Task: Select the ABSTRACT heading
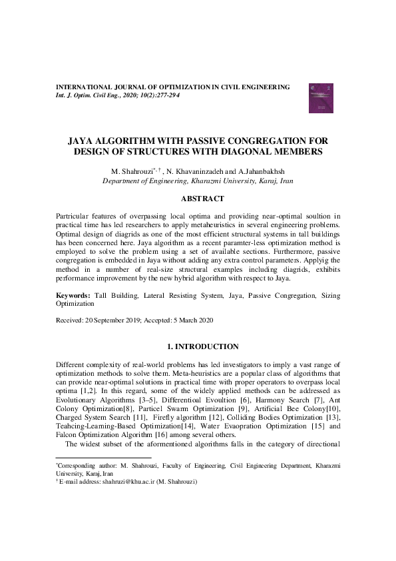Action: point(202,199)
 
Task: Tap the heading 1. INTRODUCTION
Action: point(202,346)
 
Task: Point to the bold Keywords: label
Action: point(72,294)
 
